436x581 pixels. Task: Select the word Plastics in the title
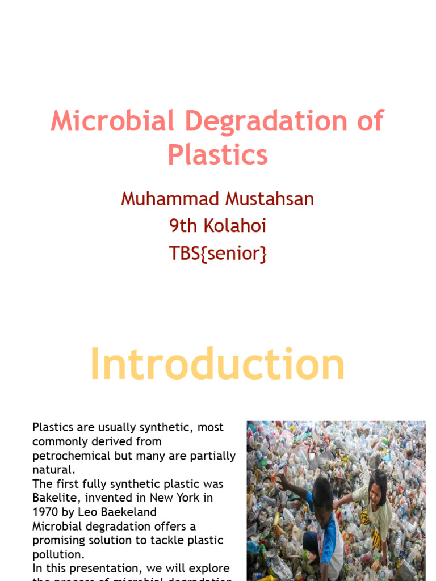click(x=217, y=154)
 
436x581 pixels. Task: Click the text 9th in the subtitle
click(x=182, y=226)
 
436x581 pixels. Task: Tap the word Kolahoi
click(x=233, y=226)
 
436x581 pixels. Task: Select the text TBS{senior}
click(x=217, y=254)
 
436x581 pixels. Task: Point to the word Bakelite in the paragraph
click(x=53, y=498)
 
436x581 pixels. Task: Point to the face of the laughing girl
click(x=376, y=487)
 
